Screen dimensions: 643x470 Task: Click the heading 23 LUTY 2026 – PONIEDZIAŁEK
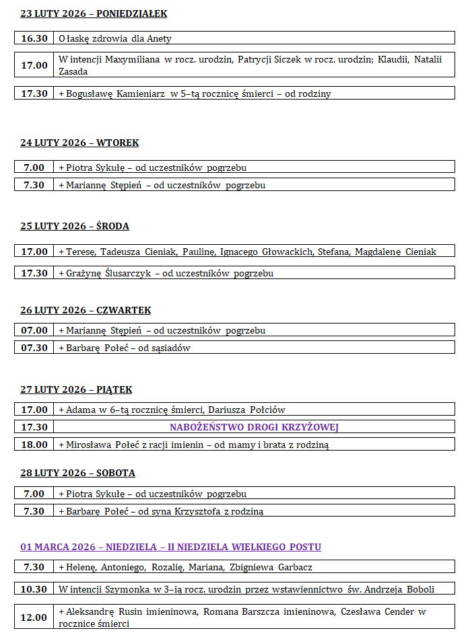(94, 13)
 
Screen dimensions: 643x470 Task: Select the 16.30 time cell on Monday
(34, 38)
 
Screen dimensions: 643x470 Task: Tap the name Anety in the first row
(160, 38)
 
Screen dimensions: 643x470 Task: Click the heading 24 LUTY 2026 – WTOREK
(79, 143)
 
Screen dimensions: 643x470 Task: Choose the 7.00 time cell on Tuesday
(34, 167)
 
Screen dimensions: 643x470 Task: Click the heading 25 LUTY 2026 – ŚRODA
(75, 226)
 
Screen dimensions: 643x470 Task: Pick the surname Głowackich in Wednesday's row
(286, 252)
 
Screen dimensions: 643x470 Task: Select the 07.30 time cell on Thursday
(34, 348)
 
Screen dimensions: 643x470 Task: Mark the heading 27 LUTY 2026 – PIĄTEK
(76, 389)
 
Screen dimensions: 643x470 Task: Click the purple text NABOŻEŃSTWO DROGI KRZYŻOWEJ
(254, 427)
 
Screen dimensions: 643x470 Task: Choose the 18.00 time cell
(34, 445)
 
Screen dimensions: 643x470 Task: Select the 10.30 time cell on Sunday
(34, 589)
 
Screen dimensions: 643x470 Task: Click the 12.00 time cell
(34, 617)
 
